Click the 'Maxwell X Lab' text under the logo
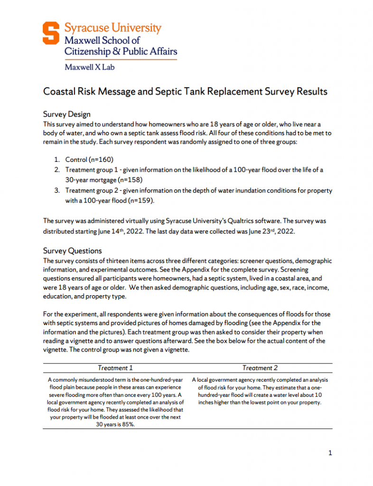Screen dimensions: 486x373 [x=89, y=67]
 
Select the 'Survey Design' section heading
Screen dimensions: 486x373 [x=66, y=114]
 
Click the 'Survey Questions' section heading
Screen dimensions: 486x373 [x=72, y=251]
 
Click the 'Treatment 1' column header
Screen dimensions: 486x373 [x=115, y=368]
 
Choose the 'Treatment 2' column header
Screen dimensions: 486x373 [x=260, y=368]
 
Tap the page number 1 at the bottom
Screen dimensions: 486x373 [x=330, y=453]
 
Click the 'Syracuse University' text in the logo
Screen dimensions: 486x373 [x=113, y=28]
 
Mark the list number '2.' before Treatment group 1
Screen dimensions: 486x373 [x=56, y=170]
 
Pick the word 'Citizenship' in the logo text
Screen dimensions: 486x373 [x=86, y=51]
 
